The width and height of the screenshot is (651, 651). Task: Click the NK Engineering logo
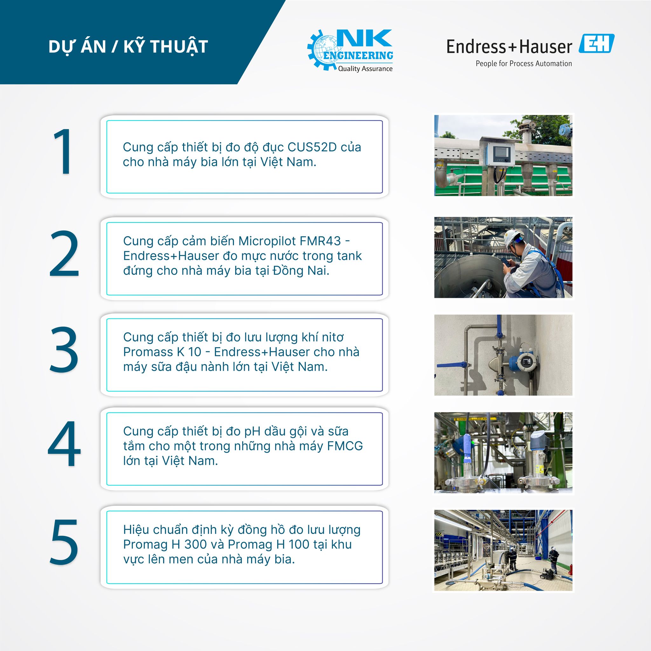point(350,51)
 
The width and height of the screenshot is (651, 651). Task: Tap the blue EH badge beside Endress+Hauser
point(596,44)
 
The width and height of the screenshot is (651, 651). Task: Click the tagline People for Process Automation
point(524,64)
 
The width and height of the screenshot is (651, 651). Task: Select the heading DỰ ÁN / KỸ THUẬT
point(128,46)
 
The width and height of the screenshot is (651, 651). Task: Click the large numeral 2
point(64,253)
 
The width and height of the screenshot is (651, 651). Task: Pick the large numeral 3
point(64,349)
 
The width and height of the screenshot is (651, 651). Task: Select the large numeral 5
point(64,542)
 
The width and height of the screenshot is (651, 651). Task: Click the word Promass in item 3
point(148,352)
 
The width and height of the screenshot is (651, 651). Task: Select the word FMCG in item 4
point(345,446)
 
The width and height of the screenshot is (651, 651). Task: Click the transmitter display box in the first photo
point(500,154)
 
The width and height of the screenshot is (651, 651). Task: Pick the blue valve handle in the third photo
point(454,365)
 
